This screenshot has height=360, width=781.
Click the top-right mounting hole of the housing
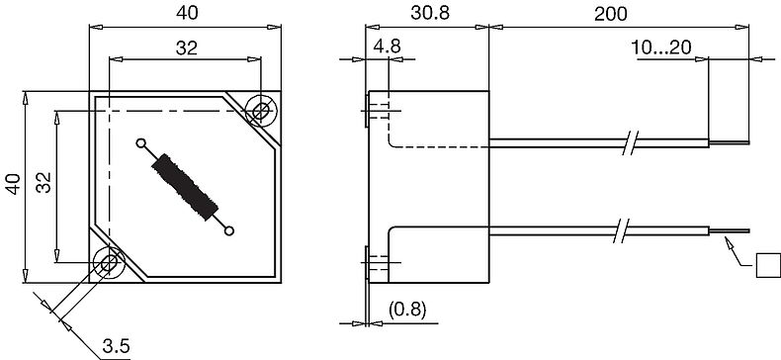tap(261, 111)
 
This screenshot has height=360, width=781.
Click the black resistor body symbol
tap(185, 186)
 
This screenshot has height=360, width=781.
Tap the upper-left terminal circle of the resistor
tap(140, 142)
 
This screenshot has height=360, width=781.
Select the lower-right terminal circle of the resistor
tap(229, 231)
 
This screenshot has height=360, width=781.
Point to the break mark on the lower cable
tap(621, 231)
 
